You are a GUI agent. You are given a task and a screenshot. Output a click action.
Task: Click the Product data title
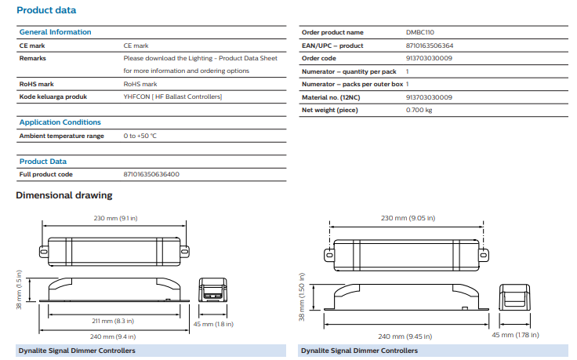tap(46, 10)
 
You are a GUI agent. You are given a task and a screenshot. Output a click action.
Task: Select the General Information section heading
tap(55, 32)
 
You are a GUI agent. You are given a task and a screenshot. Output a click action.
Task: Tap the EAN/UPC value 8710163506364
tap(429, 45)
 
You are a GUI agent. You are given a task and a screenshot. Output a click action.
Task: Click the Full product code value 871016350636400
tap(151, 174)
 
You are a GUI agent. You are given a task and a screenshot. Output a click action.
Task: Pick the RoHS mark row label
tap(34, 83)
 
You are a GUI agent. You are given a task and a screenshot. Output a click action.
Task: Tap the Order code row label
tap(319, 58)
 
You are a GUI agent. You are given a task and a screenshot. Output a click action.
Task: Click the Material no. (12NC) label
tap(332, 97)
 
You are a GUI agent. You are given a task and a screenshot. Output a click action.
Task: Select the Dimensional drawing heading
tap(64, 195)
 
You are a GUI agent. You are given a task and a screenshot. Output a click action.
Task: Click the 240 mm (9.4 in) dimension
tap(114, 335)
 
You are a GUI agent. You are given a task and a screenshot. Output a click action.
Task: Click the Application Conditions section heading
tap(60, 122)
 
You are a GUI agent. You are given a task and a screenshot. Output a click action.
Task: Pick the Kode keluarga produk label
tap(53, 96)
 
